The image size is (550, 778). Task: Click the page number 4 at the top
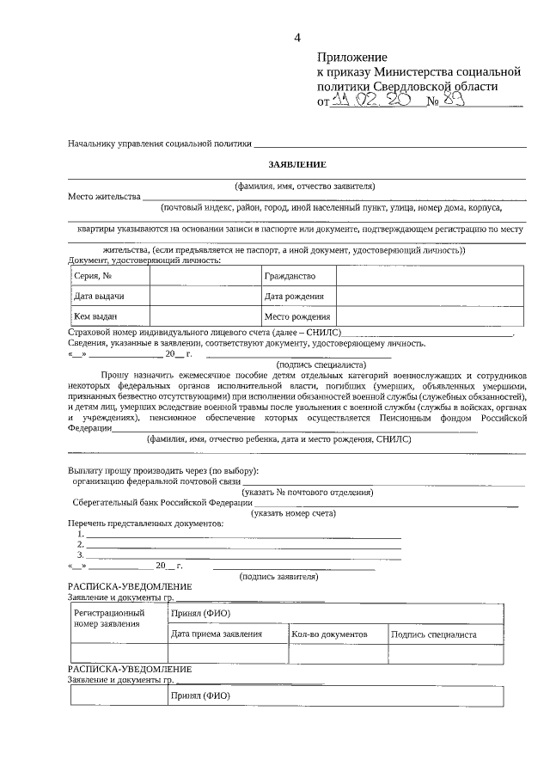coord(298,36)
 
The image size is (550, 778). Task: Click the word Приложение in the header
coord(352,57)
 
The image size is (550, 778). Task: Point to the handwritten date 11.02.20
coord(361,101)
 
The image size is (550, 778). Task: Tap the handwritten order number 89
coord(455,101)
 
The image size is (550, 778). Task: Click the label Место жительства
coord(104,197)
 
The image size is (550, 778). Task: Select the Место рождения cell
coord(297,316)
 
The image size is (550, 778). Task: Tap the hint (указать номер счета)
coord(293,513)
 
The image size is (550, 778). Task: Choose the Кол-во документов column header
coord(330,634)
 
